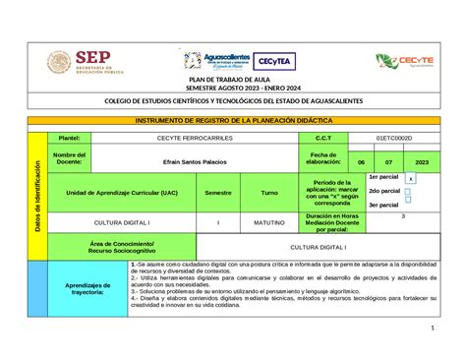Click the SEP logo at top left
click(x=86, y=63)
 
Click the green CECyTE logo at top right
click(x=403, y=62)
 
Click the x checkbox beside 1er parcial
click(x=411, y=179)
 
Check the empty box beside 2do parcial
click(x=411, y=192)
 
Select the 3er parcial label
click(x=383, y=205)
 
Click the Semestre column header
click(x=218, y=193)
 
